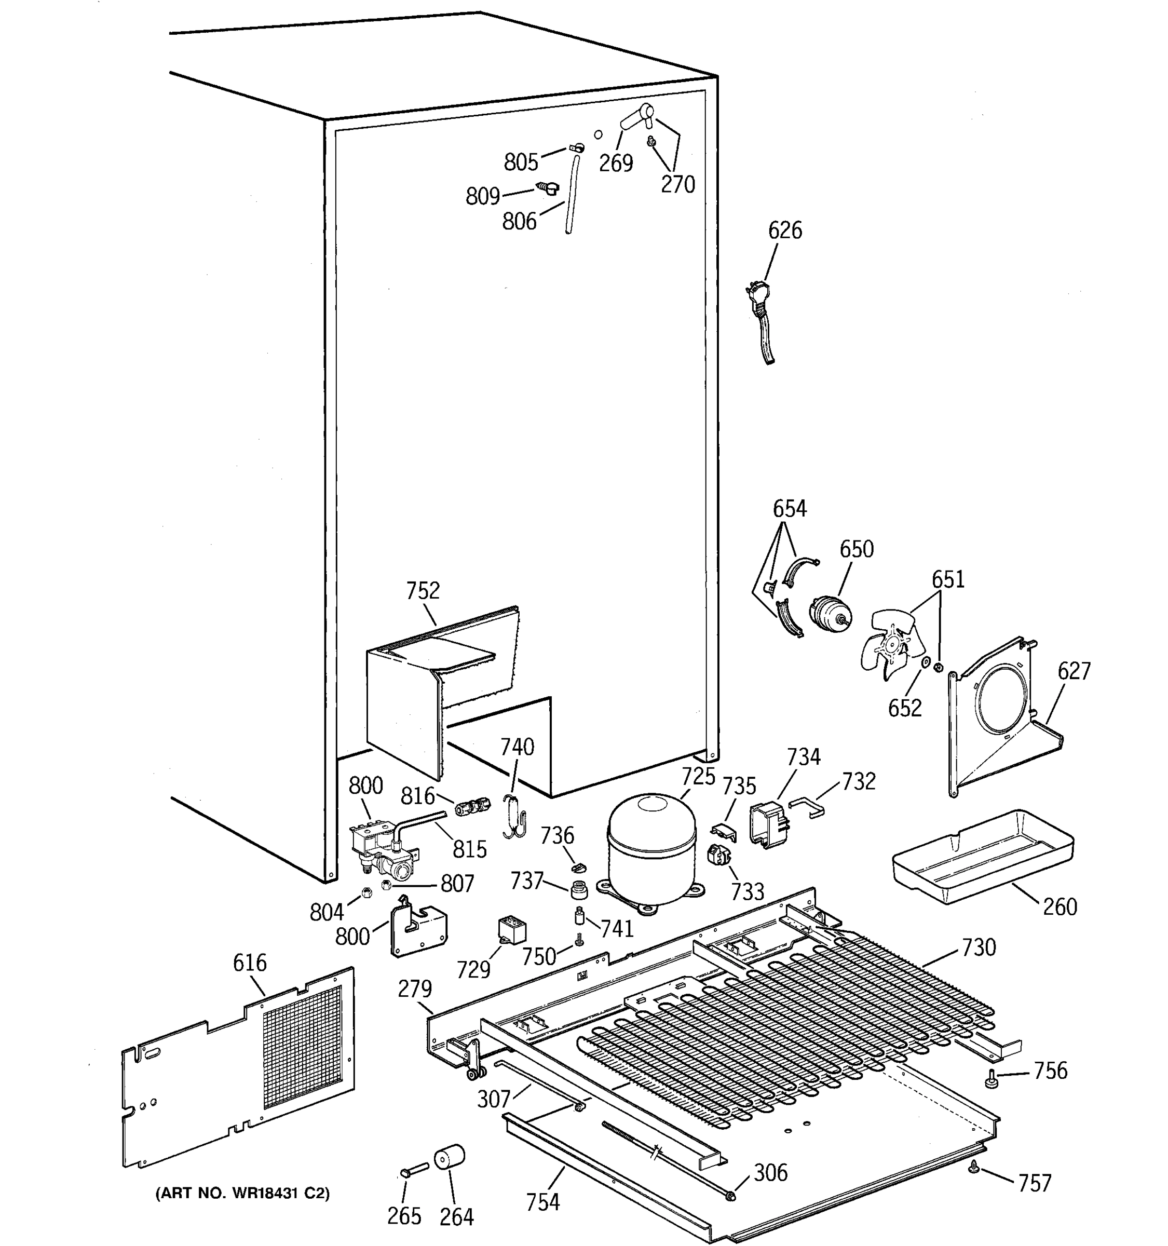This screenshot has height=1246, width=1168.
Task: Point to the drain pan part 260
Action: tap(981, 856)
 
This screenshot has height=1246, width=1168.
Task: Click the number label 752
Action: tap(423, 590)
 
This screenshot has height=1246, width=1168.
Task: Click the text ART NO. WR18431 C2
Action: tap(242, 1193)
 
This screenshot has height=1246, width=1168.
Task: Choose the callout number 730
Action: tap(978, 946)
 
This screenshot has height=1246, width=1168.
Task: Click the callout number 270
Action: tap(678, 184)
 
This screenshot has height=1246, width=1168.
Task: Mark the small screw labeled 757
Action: tap(974, 1166)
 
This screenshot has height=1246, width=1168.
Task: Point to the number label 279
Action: tap(415, 989)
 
